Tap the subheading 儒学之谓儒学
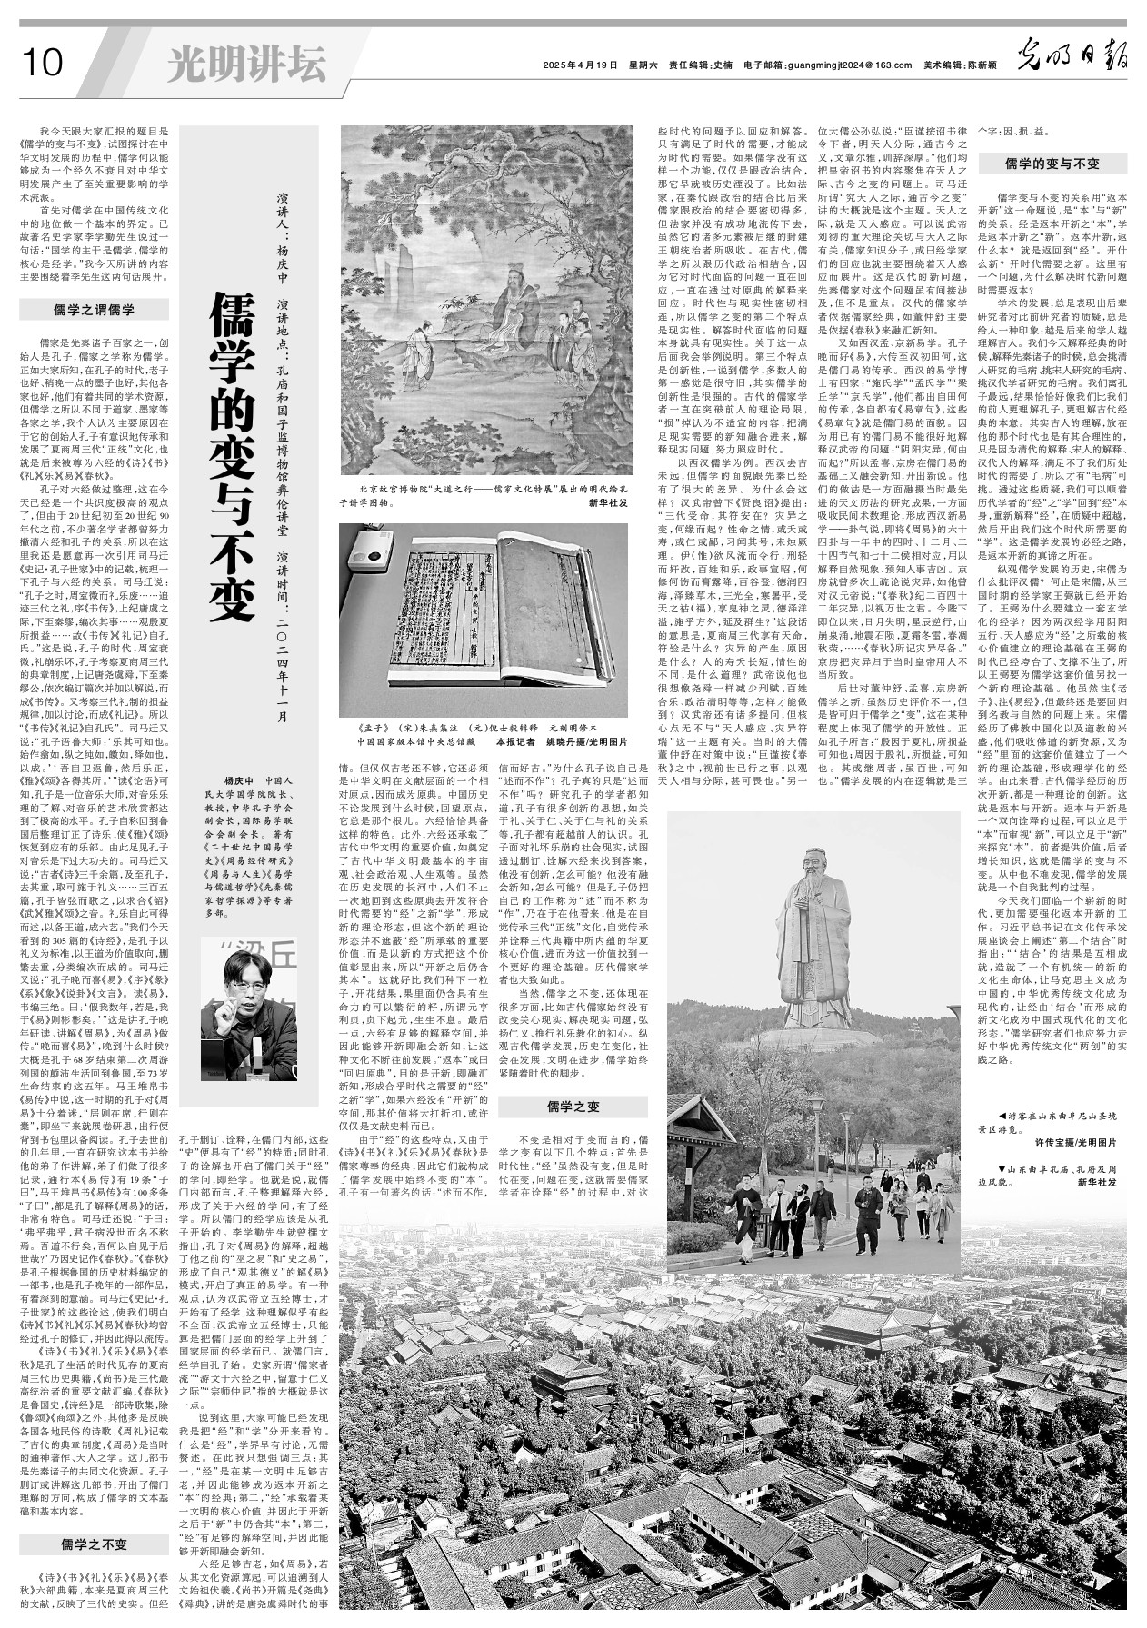pos(94,310)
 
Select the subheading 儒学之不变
pos(94,1544)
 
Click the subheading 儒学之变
pos(573,1106)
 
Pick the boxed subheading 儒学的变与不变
pos(1052,164)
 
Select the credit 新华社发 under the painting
pos(608,501)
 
